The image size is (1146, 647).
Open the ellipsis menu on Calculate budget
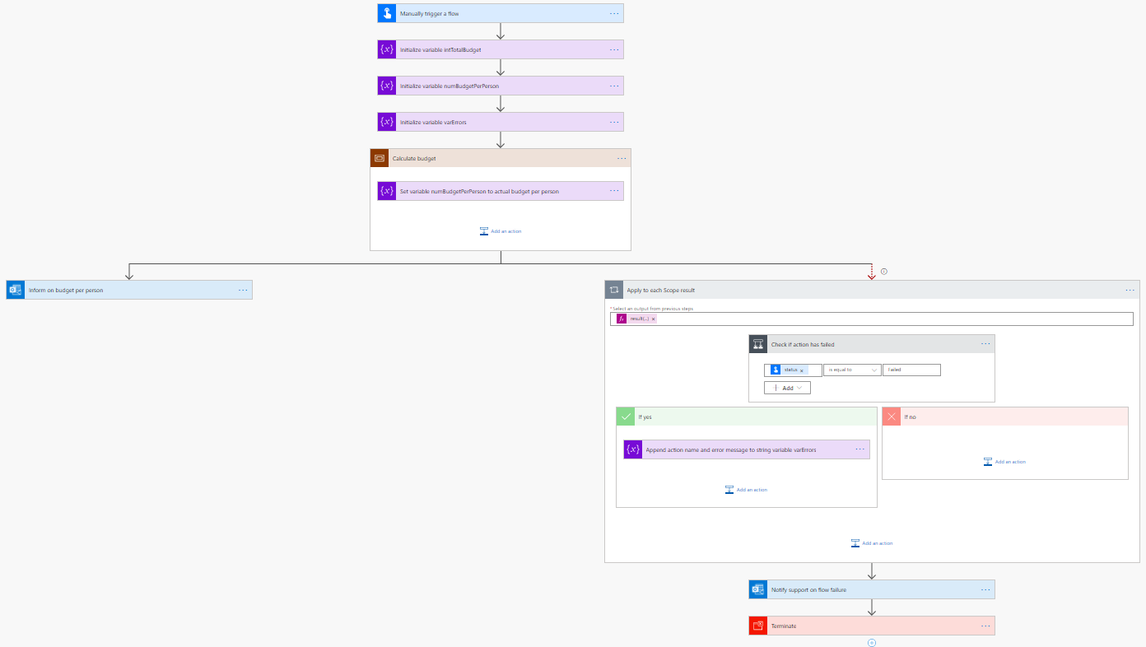click(622, 158)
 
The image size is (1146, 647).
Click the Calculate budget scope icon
click(380, 158)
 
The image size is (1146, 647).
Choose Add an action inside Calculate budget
click(501, 231)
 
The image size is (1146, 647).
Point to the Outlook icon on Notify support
click(758, 589)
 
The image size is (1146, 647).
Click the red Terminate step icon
click(758, 626)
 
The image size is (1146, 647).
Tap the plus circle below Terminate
click(872, 643)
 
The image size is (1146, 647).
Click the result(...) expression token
click(638, 319)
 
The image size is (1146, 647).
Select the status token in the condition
click(790, 370)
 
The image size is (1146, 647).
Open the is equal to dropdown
click(852, 370)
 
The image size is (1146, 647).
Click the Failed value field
click(911, 370)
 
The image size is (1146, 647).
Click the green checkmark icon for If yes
click(626, 417)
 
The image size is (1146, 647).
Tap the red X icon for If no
click(892, 417)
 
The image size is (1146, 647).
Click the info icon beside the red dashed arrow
click(884, 271)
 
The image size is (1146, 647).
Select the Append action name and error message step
click(741, 449)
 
